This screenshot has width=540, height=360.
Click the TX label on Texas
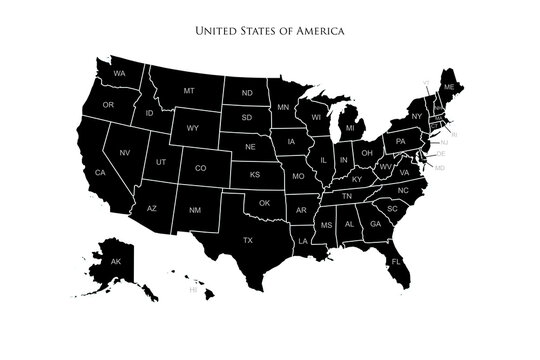pyautogui.click(x=248, y=240)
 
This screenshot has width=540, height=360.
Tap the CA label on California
pyautogui.click(x=100, y=173)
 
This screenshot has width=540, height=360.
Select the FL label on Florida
pyautogui.click(x=395, y=261)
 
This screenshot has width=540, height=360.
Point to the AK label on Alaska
pyautogui.click(x=115, y=262)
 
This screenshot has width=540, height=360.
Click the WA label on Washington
pyautogui.click(x=118, y=75)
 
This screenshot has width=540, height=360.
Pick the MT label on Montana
pyautogui.click(x=188, y=91)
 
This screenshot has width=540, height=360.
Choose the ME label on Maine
pyautogui.click(x=448, y=88)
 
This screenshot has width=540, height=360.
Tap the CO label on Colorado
pyautogui.click(x=200, y=168)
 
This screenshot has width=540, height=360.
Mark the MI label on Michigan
pyautogui.click(x=350, y=129)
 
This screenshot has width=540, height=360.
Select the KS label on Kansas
pyautogui.click(x=255, y=174)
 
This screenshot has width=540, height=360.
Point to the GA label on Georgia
pyautogui.click(x=375, y=225)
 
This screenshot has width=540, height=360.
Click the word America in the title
pyautogui.click(x=322, y=31)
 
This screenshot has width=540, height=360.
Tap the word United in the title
pyautogui.click(x=217, y=31)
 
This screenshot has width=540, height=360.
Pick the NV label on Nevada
pyautogui.click(x=125, y=152)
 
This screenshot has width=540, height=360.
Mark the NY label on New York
pyautogui.click(x=417, y=117)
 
